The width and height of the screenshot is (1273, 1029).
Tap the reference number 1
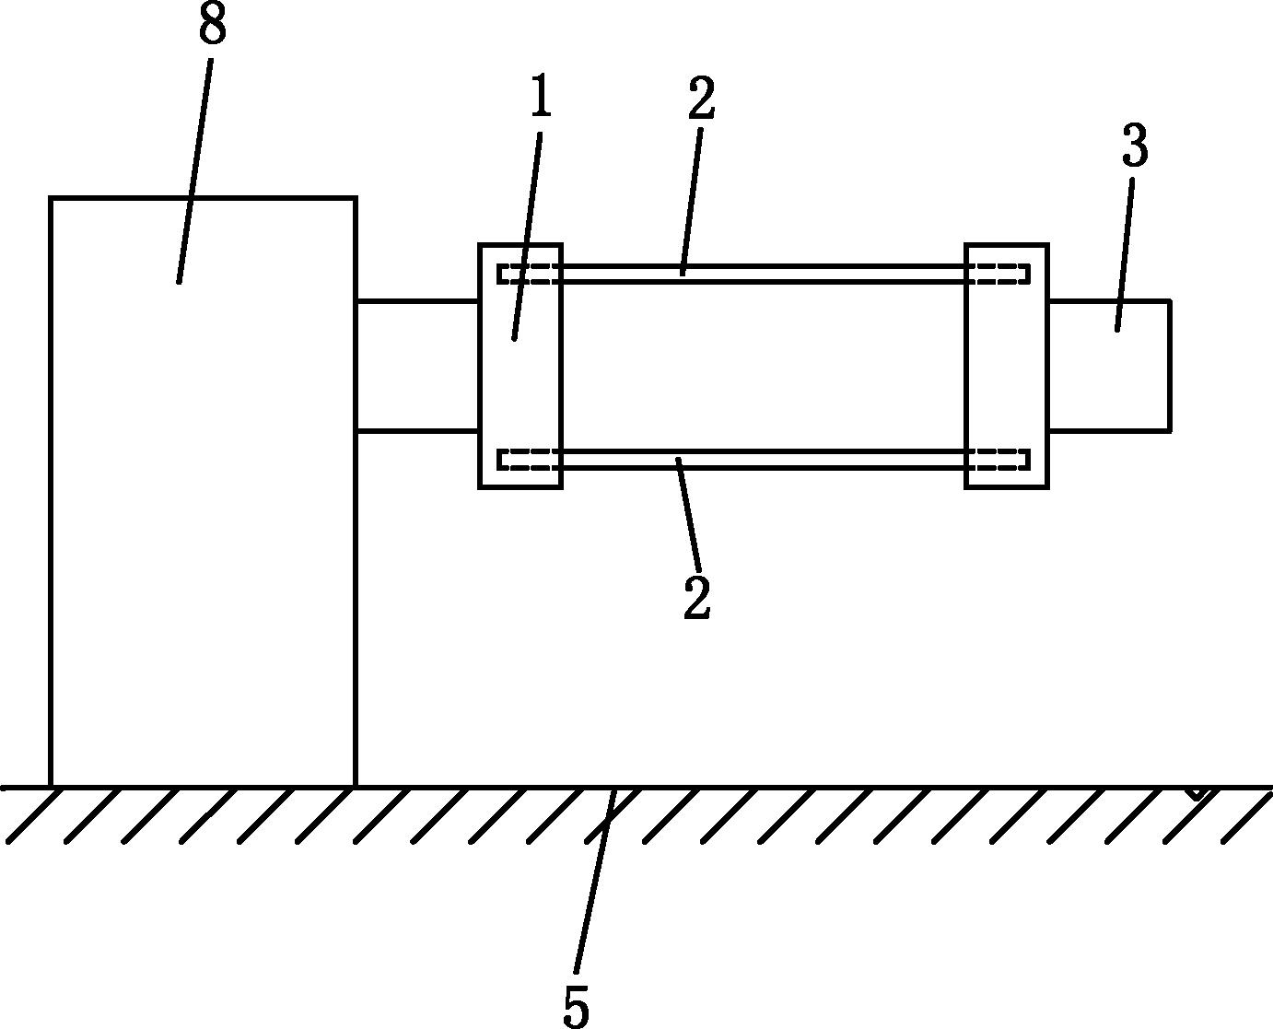[541, 96]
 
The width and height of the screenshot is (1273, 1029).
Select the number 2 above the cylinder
[701, 98]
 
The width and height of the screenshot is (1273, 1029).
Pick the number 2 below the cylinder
[697, 598]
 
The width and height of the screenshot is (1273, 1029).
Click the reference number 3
[1135, 146]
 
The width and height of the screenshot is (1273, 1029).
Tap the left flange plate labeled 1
[520, 367]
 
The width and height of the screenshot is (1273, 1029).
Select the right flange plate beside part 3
[1007, 367]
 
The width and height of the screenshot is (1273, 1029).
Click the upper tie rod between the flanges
[764, 274]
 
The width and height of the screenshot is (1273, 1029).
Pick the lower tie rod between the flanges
[764, 459]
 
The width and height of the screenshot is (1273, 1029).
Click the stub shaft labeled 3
[1110, 366]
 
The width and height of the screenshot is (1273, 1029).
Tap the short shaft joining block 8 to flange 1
[418, 366]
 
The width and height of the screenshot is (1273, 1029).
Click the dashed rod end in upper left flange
[530, 274]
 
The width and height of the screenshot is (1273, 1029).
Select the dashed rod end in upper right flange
[998, 274]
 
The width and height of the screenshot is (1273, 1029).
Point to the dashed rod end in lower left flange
[530, 459]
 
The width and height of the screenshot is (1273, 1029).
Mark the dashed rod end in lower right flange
[998, 459]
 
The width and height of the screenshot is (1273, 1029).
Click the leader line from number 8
[194, 170]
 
